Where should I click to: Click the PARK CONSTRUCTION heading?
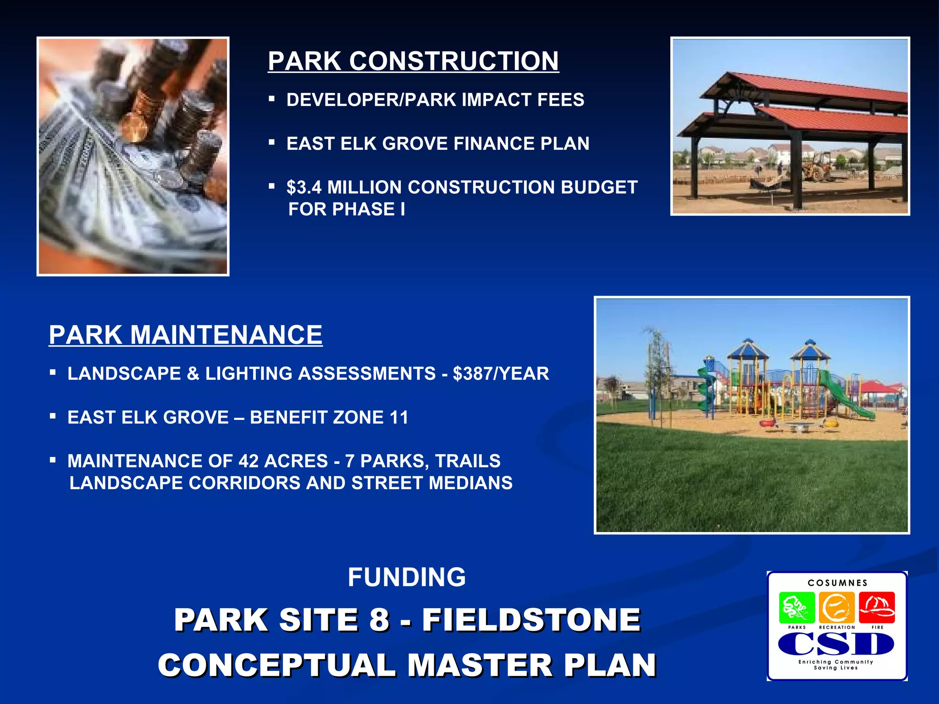point(413,61)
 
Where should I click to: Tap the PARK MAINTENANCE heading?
point(186,335)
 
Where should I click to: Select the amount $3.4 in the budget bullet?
point(304,187)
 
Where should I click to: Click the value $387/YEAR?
point(501,374)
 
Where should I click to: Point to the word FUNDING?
point(407,577)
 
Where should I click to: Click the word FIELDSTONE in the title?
point(531,620)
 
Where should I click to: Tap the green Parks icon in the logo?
point(797,607)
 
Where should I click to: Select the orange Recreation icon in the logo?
point(837,607)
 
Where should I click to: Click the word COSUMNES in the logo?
point(838,583)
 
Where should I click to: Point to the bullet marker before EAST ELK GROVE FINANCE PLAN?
point(272,143)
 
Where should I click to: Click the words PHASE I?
point(369,209)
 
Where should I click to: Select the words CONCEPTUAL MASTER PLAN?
point(407,665)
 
